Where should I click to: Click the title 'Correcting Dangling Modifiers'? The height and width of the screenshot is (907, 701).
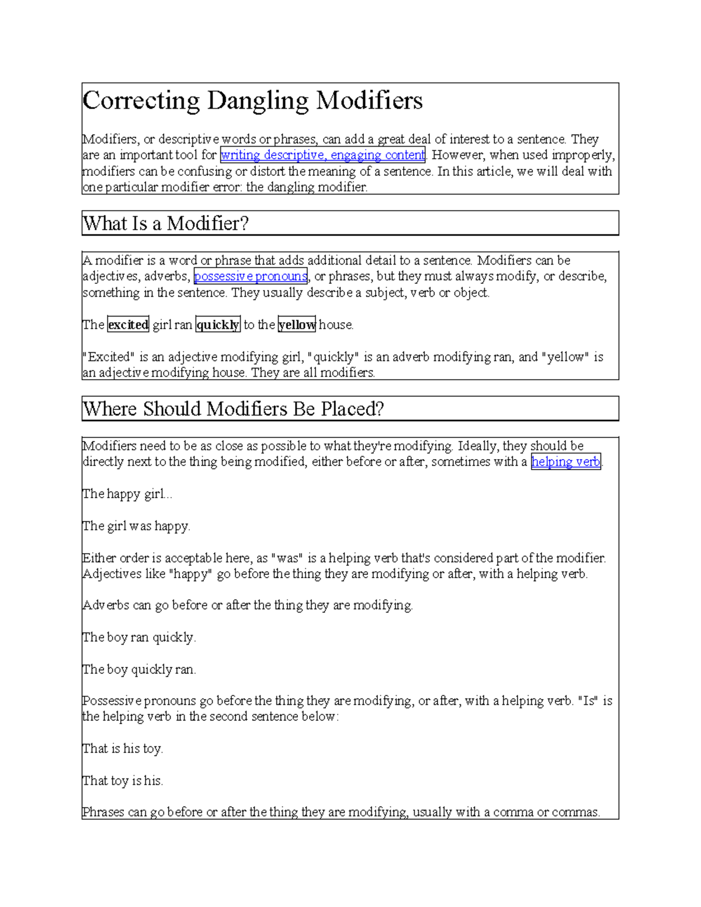(x=252, y=100)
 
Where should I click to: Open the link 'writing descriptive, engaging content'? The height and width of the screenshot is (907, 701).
(x=322, y=155)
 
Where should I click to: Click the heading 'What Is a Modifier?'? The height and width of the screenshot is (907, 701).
(x=166, y=224)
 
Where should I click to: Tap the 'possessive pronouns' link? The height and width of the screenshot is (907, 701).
(x=250, y=276)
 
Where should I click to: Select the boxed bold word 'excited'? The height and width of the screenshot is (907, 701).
(x=129, y=325)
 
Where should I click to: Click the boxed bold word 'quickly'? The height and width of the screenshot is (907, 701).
(x=218, y=325)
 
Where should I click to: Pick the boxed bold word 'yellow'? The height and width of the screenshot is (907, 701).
(x=297, y=325)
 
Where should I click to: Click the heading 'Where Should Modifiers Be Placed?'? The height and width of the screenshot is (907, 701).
(x=234, y=409)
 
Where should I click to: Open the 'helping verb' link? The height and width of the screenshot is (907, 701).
(x=565, y=462)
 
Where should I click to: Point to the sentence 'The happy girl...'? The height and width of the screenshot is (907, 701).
(x=127, y=494)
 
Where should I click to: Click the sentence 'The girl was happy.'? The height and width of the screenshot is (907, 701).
(x=136, y=526)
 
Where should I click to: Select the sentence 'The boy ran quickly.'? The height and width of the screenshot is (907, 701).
(x=139, y=637)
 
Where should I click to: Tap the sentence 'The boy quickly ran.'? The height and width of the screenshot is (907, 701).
(x=139, y=669)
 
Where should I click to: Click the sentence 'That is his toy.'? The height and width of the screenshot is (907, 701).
(x=123, y=749)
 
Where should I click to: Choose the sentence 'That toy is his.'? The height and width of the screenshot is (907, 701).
(x=123, y=781)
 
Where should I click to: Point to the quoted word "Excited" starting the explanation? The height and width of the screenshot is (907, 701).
(x=109, y=357)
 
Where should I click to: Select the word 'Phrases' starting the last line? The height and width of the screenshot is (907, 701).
(x=103, y=812)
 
